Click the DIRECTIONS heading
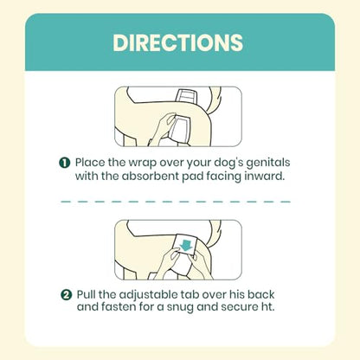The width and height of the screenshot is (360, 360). [x=177, y=42]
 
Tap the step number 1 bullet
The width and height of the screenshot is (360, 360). [x=65, y=163]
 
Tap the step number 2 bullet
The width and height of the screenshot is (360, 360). [x=66, y=295]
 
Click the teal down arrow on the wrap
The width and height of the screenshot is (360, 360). [x=186, y=244]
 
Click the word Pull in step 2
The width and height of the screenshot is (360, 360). [x=87, y=295]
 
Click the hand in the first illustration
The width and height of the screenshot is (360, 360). [x=163, y=126]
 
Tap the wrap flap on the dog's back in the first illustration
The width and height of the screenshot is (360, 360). [x=187, y=96]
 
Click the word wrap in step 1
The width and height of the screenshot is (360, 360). [x=143, y=164]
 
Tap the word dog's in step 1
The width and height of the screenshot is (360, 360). [x=228, y=164]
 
